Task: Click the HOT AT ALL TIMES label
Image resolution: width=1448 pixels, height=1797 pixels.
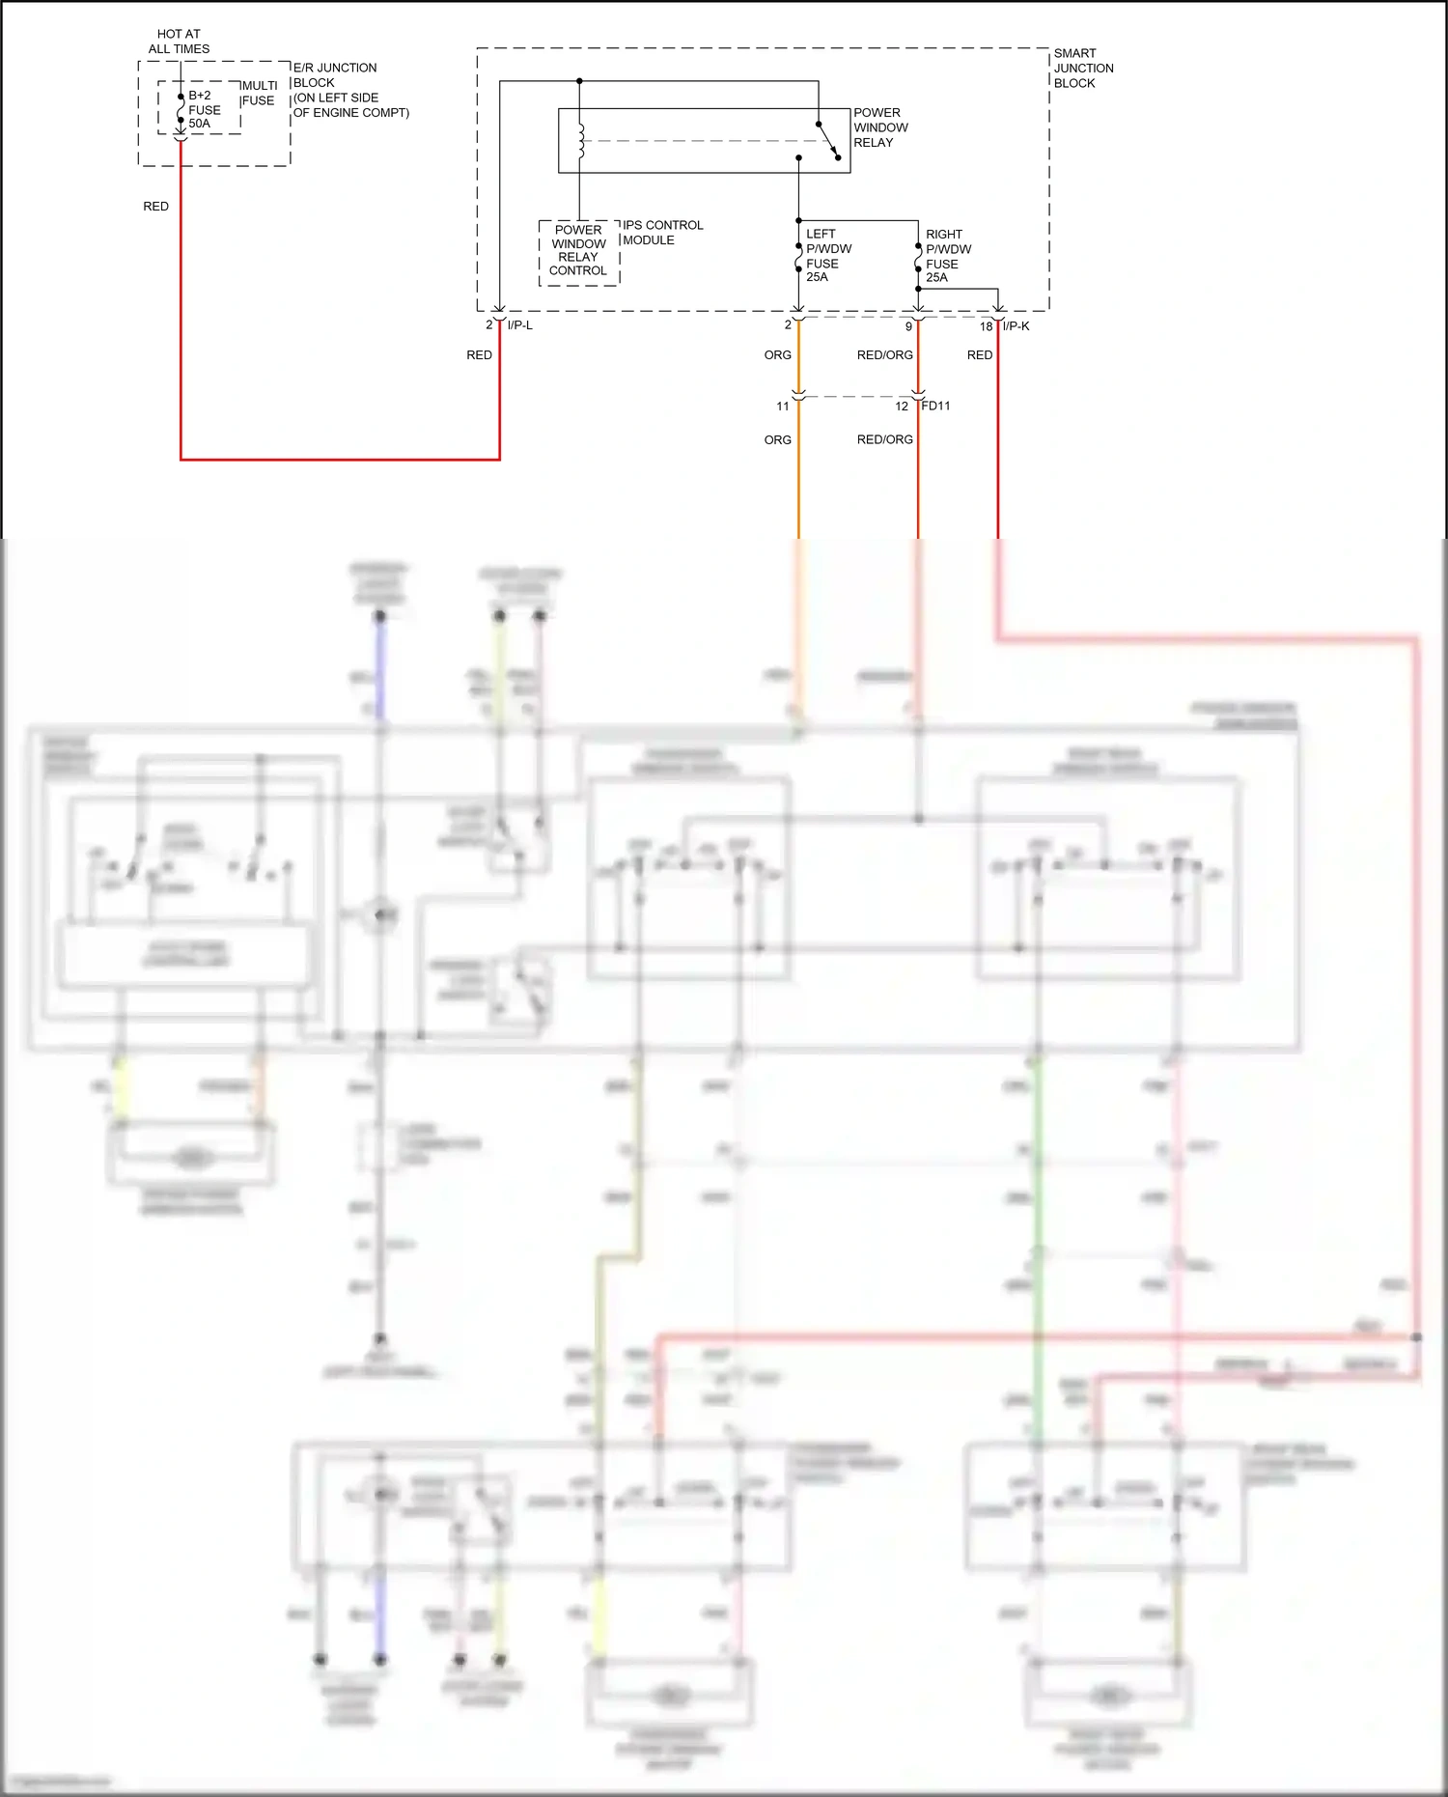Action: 179,42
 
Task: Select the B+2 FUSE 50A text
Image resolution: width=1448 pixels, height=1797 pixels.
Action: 204,109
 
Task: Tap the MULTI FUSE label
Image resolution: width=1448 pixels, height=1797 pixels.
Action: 259,93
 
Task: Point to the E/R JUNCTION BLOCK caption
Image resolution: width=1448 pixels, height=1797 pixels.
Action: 348,91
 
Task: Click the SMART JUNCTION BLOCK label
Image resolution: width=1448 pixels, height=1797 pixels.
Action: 1082,68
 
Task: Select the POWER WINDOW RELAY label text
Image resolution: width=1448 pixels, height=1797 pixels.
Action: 879,127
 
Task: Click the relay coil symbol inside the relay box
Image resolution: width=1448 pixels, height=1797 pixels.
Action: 580,141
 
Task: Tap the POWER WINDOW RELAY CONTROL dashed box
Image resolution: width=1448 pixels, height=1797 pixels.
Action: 578,251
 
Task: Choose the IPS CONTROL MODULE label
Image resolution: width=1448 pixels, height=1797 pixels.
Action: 662,233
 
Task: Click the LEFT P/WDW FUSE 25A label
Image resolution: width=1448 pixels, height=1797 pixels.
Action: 827,255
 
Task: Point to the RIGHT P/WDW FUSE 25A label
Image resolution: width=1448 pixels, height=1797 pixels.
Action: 947,255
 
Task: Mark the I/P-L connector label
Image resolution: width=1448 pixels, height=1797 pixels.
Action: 519,325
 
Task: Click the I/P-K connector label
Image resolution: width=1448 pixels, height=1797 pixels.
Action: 1016,326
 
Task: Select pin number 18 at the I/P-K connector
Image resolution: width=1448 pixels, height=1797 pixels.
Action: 986,326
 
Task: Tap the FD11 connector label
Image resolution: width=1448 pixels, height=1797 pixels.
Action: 935,406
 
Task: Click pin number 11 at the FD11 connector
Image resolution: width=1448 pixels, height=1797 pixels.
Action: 782,406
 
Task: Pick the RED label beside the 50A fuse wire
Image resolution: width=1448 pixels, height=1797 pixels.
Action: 155,207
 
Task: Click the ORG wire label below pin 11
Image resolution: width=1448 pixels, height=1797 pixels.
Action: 777,439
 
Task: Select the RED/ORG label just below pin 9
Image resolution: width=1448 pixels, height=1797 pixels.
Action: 884,355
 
